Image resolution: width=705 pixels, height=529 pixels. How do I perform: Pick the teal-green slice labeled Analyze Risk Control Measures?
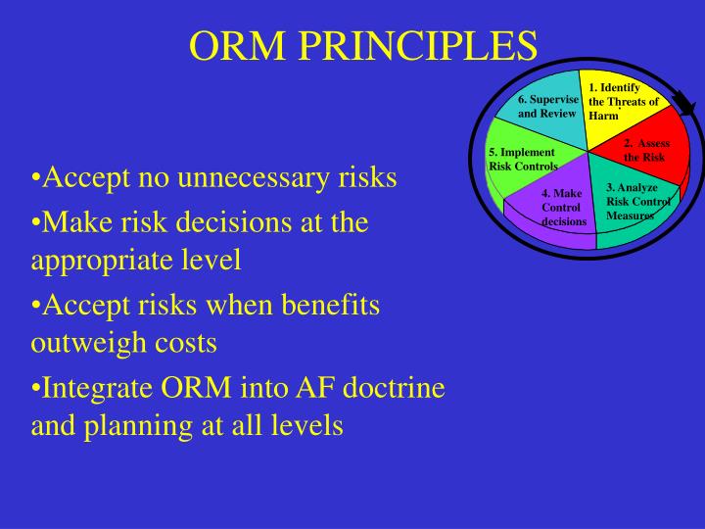[633, 202]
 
